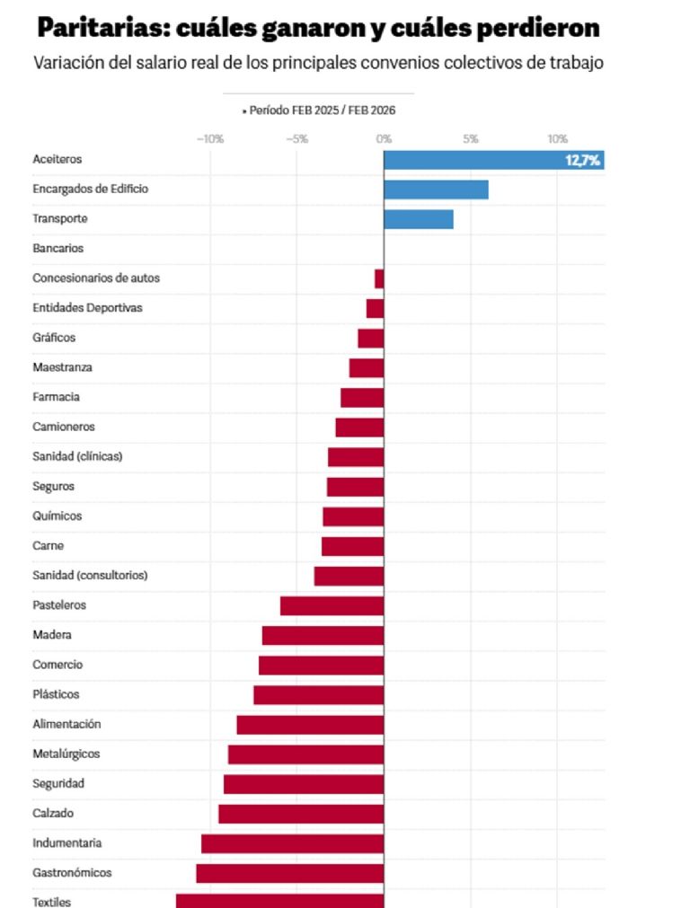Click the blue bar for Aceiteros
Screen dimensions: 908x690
476,161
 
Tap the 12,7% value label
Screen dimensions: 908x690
582,161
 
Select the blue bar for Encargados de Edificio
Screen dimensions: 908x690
436,190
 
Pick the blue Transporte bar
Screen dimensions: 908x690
418,219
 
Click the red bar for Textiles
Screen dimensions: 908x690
279,901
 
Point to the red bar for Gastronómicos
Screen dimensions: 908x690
289,873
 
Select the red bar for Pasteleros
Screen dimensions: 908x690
332,605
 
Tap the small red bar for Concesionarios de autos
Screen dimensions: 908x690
379,278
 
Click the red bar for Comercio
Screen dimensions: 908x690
321,665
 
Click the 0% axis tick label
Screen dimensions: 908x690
384,139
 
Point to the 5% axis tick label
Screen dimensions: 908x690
470,139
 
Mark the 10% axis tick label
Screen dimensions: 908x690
557,139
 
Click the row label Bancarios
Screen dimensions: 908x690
57,248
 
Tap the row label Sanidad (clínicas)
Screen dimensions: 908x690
77,456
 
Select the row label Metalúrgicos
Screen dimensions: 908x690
66,754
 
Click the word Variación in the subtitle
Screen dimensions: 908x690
68,64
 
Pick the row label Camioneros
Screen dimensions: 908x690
63,427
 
